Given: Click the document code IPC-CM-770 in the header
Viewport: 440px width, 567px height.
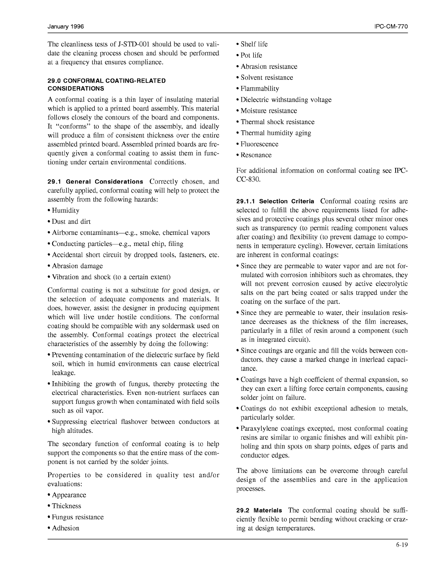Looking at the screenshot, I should (x=391, y=27).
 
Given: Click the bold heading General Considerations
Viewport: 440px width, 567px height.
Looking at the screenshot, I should (x=105, y=182).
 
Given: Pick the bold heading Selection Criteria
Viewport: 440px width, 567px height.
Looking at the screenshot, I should (x=286, y=201).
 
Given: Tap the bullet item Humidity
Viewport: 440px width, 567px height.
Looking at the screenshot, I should (x=66, y=210).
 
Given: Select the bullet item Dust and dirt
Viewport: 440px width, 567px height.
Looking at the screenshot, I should (x=71, y=222).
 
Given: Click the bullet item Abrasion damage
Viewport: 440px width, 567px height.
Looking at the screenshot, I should (x=77, y=266).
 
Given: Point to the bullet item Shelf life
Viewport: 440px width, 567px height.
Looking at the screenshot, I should (x=254, y=44).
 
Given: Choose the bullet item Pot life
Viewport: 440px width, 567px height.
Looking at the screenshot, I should (x=251, y=55).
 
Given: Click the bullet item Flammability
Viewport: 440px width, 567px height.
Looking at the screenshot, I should (x=260, y=89).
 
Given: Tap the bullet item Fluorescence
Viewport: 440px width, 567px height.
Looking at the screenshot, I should (x=259, y=144).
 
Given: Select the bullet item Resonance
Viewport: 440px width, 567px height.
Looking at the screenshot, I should (x=256, y=155).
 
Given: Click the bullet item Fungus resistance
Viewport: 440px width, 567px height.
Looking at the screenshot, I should (x=78, y=517).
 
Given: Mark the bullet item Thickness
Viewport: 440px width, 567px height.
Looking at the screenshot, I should (x=67, y=506).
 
